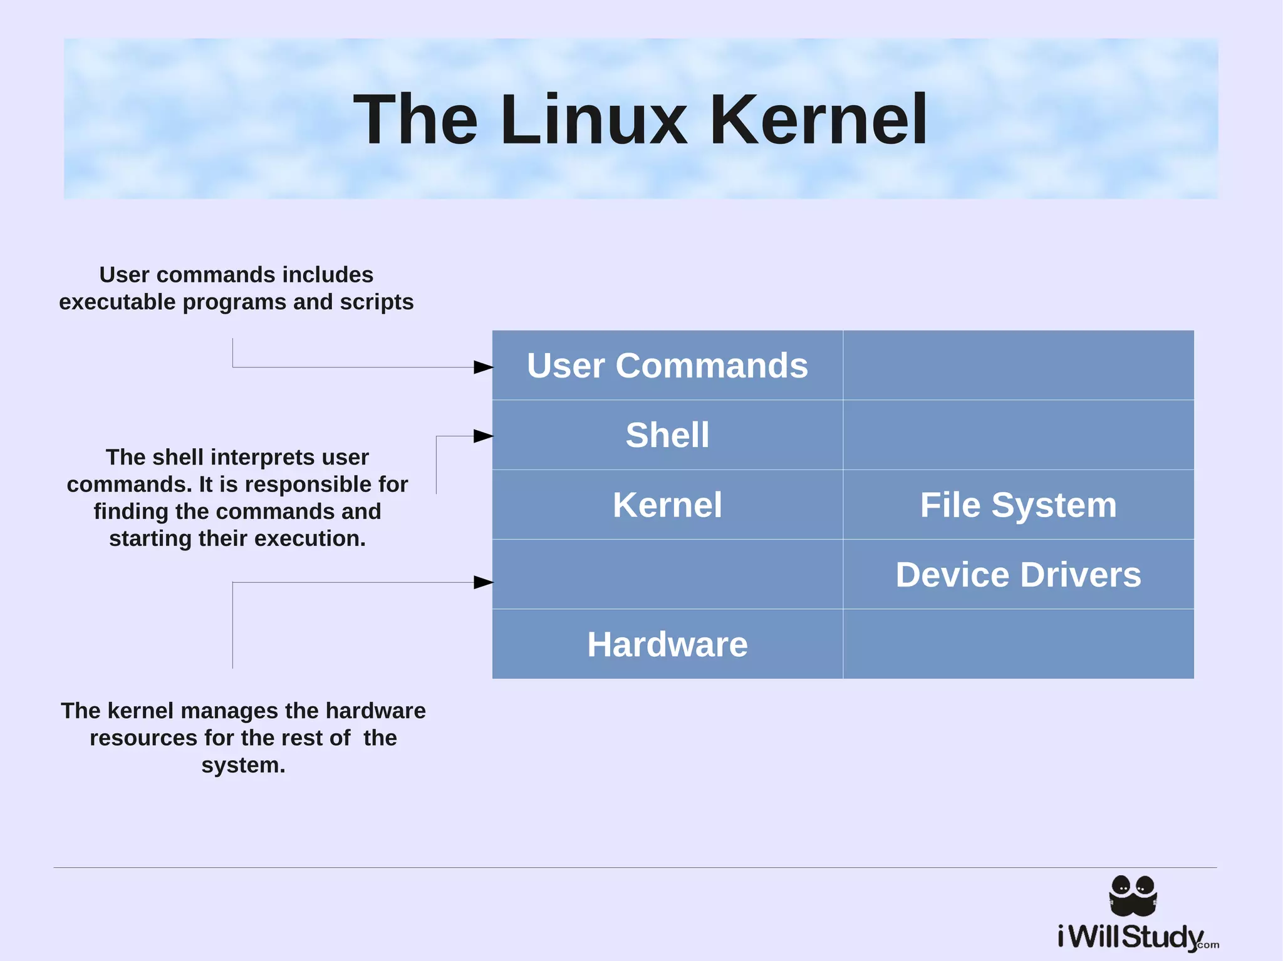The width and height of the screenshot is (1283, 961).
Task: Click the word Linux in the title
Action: tap(593, 120)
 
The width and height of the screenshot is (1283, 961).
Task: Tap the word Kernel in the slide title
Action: tap(818, 120)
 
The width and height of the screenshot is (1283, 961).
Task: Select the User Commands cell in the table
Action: tap(667, 366)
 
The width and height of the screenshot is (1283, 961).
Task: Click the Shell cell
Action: tap(667, 435)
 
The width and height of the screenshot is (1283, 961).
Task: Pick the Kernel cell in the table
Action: tap(667, 505)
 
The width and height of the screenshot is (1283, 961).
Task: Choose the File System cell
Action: tap(1018, 505)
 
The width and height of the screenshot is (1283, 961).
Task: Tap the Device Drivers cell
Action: tap(1018, 575)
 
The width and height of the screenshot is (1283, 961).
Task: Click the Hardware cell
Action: tap(667, 644)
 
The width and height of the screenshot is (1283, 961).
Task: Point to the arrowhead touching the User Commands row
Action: tap(483, 367)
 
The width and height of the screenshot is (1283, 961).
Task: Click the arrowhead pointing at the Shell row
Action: tap(483, 436)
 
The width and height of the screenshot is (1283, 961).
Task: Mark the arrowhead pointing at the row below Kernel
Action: tap(483, 583)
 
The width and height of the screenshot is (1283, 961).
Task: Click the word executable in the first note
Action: tap(117, 302)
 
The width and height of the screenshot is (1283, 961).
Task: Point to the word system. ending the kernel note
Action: tap(243, 766)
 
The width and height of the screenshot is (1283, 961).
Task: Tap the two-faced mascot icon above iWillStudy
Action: tap(1133, 895)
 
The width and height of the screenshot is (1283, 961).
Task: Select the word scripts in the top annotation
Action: tap(377, 302)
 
